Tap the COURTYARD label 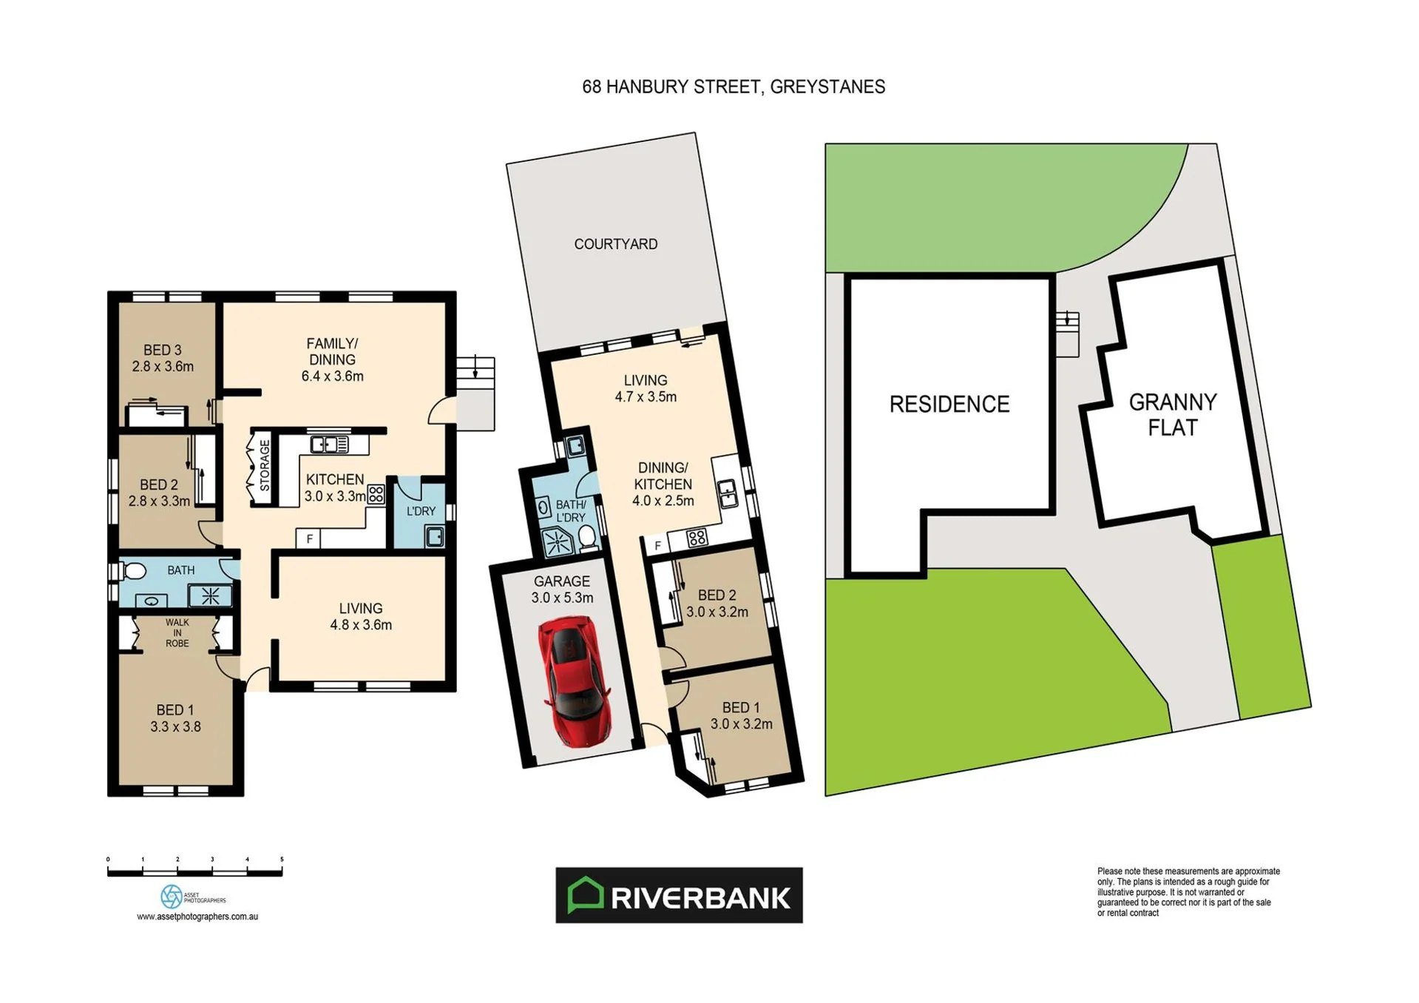coord(616,244)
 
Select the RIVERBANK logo coord(679,895)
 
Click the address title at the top coord(734,87)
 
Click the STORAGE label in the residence coord(265,465)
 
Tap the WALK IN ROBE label coord(177,633)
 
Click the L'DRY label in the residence coord(421,511)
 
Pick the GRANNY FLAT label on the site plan coord(1173,415)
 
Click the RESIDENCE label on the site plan coord(949,404)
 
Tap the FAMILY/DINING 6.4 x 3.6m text coord(332,359)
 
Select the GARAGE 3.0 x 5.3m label coord(562,590)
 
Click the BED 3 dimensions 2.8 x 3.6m coord(163,366)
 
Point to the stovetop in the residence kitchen coord(376,494)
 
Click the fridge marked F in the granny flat coord(657,546)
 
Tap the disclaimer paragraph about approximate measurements coord(1188,892)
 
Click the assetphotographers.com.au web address coord(197,916)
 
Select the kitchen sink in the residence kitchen coord(329,444)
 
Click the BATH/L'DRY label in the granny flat coord(571,511)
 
